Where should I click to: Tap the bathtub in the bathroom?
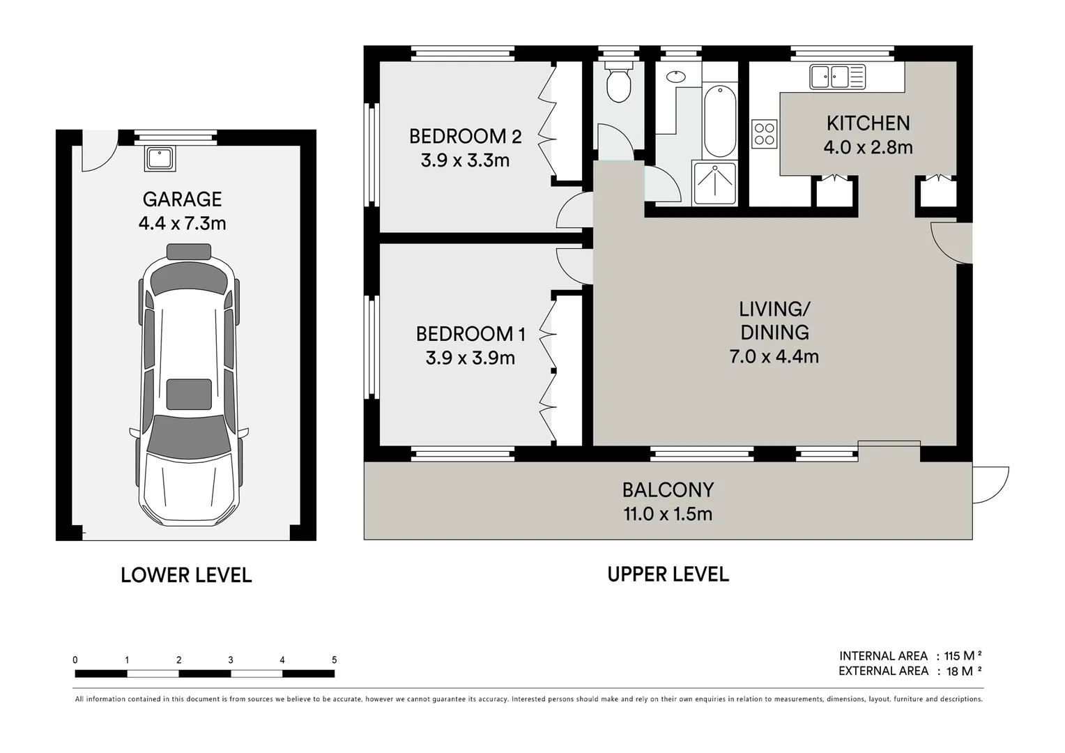(x=720, y=122)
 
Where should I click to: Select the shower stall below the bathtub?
(x=714, y=183)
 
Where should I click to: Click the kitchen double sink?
(x=837, y=77)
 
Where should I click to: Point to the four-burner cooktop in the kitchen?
(x=765, y=134)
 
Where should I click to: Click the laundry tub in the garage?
(x=160, y=158)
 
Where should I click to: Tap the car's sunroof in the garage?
(x=189, y=394)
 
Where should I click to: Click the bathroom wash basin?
(x=675, y=76)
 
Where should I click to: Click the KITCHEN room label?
(x=868, y=123)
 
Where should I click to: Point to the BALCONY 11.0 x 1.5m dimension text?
(x=668, y=515)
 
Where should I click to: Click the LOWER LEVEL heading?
(x=186, y=575)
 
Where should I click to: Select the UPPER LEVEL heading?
(x=668, y=574)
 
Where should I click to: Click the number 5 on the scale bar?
(x=335, y=660)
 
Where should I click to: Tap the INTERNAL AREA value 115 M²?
(x=963, y=656)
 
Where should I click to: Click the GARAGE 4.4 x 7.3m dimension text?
(x=182, y=223)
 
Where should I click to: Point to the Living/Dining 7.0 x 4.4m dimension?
(x=774, y=356)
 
